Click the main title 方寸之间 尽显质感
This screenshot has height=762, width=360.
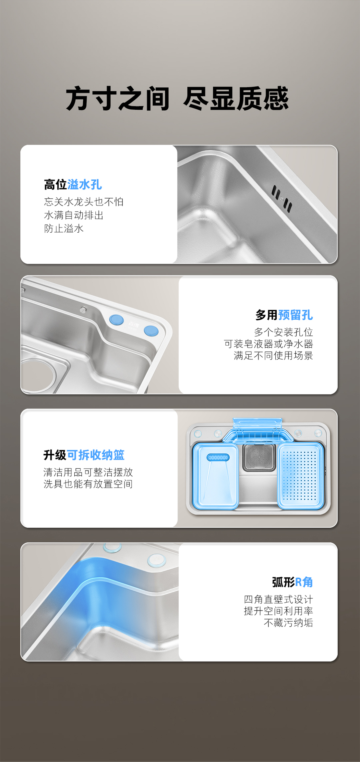177,99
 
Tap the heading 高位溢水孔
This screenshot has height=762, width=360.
73,185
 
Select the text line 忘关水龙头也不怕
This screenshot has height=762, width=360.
84,202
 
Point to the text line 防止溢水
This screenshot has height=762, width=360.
64,228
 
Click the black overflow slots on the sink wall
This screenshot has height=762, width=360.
282,199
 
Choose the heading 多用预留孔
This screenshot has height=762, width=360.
284,315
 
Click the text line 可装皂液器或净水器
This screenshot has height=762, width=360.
269,344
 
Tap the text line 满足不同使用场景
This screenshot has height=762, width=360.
273,356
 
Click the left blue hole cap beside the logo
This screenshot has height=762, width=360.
116,320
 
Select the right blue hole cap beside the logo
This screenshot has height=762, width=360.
151,331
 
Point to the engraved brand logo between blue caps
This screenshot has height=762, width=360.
133,325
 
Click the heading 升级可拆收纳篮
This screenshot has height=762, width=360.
84,455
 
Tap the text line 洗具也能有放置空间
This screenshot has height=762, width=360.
88,484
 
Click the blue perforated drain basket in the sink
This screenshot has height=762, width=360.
301,476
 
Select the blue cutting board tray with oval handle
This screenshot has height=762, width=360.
215,476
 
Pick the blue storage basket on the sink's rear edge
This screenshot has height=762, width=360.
258,430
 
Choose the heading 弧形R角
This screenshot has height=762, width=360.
293,582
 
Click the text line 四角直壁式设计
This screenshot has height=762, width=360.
279,599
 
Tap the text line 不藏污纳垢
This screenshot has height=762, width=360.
289,623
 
